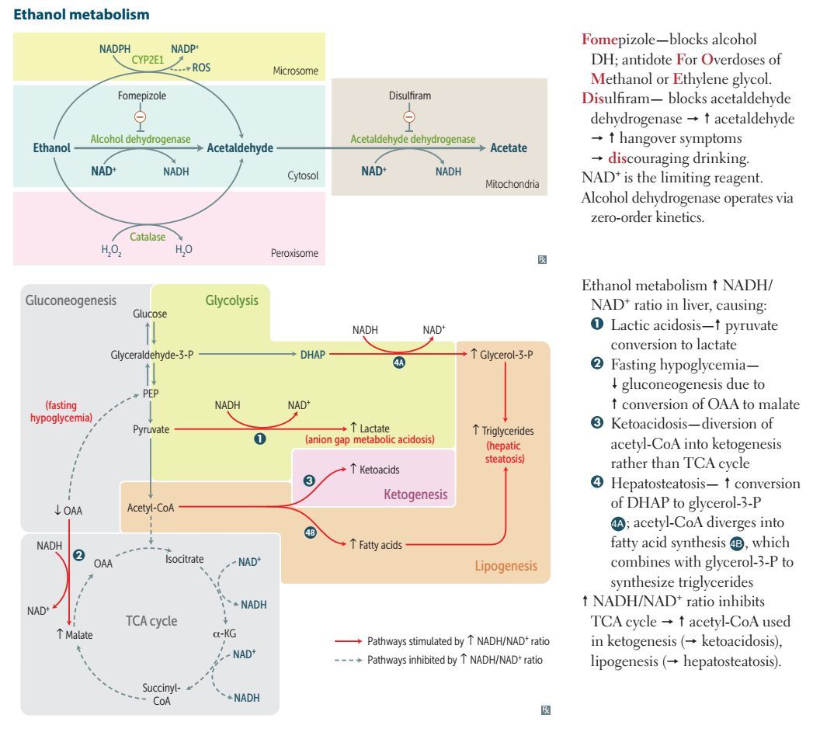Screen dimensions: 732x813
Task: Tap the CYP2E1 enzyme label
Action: (x=154, y=57)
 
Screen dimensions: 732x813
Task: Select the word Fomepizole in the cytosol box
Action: (x=141, y=96)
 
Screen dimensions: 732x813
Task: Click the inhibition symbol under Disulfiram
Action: (x=409, y=116)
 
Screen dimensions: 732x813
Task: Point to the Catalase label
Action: (x=148, y=237)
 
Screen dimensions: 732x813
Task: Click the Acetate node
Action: (x=509, y=148)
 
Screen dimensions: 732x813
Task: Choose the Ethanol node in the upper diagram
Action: (x=52, y=148)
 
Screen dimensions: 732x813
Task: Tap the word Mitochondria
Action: (x=512, y=184)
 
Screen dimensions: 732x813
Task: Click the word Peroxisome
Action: (x=295, y=253)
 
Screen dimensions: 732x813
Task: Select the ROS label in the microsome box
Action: (x=203, y=68)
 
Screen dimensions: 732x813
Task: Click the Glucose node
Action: (x=150, y=314)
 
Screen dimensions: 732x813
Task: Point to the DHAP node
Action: (x=314, y=355)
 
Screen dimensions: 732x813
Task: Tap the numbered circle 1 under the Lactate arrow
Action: (x=261, y=439)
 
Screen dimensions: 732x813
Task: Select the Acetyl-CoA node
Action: (x=150, y=508)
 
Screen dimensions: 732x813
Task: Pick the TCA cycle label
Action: (x=151, y=621)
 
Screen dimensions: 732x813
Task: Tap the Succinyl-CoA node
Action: (x=161, y=693)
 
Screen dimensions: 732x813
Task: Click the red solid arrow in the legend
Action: (x=349, y=641)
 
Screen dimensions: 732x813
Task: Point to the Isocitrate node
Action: (x=184, y=558)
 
